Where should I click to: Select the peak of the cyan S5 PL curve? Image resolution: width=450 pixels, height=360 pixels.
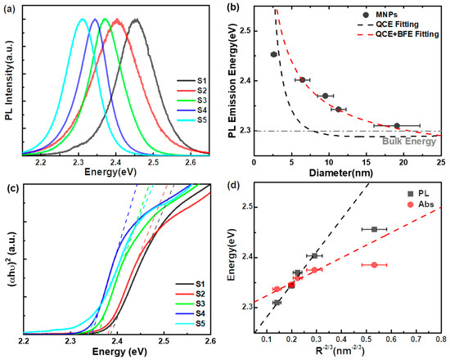82,19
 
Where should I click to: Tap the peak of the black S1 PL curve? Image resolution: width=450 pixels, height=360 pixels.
136,19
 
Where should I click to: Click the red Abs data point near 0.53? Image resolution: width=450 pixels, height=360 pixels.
374,265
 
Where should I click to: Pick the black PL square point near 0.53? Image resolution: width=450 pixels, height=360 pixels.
374,229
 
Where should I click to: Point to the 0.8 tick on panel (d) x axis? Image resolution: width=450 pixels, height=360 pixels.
443,342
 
